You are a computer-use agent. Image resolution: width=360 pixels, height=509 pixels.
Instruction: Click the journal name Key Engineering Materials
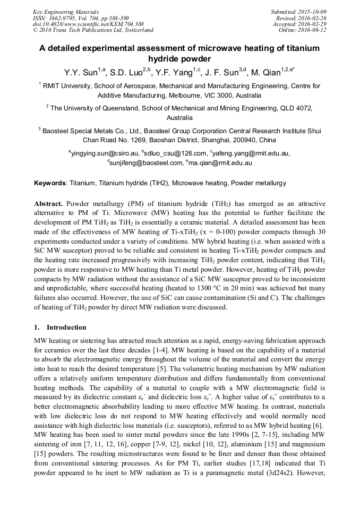pyautogui.click(x=66, y=12)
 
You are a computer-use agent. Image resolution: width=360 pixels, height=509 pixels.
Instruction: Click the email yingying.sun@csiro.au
pyautogui.click(x=104, y=153)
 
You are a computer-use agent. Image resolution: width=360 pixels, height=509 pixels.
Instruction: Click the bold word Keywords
pyautogui.click(x=49, y=183)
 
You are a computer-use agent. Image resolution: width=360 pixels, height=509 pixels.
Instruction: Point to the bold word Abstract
pyautogui.click(x=48, y=204)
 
